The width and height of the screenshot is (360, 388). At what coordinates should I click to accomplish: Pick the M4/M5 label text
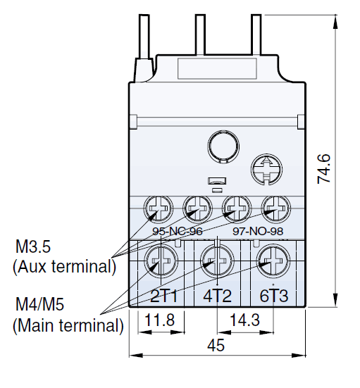click(39, 306)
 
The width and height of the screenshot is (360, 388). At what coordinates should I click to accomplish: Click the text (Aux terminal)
click(63, 267)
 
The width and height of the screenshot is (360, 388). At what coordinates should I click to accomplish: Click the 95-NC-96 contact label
click(177, 230)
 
